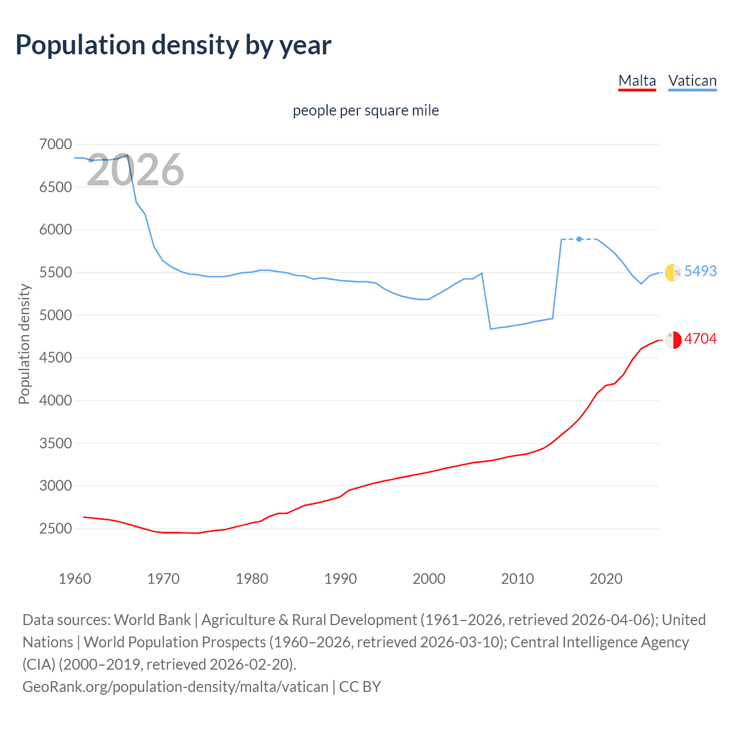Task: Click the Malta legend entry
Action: [637, 81]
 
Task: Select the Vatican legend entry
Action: [692, 81]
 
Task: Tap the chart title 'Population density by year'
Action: [173, 45]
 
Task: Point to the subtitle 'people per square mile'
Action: [365, 110]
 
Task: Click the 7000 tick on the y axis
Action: [55, 145]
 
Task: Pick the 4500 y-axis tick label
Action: [55, 358]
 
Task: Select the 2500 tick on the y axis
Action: [55, 528]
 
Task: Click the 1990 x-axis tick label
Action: [340, 579]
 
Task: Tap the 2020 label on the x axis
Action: [606, 579]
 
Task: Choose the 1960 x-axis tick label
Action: [75, 579]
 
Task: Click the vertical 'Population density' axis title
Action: [24, 344]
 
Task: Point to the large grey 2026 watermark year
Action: [136, 170]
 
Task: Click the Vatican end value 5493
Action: [700, 271]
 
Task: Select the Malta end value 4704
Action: [700, 339]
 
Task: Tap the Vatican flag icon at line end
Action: [673, 272]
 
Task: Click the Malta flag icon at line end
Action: [673, 340]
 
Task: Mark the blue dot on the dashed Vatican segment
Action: [579, 239]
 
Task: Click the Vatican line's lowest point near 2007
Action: [491, 329]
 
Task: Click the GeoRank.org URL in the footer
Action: [175, 686]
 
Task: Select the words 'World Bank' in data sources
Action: [152, 620]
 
